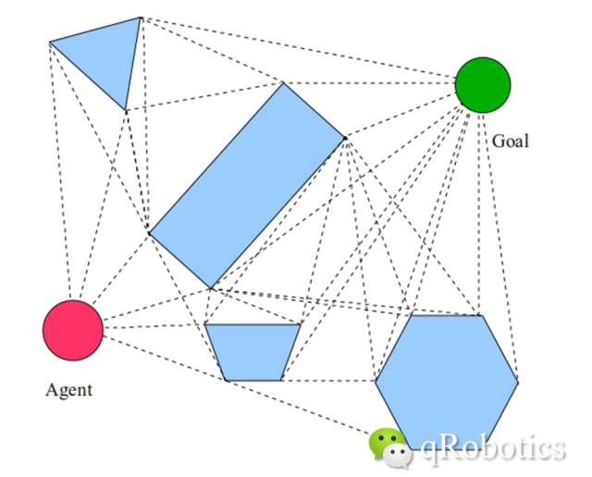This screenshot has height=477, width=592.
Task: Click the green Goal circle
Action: point(482,85)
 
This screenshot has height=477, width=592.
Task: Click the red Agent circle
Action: point(73,330)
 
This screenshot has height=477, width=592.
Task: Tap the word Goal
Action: point(511,142)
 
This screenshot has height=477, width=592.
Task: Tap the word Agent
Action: point(69,389)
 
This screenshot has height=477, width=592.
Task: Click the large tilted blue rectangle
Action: point(247,185)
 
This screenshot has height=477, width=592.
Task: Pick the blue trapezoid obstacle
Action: point(253,350)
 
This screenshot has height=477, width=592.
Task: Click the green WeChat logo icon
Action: point(388,445)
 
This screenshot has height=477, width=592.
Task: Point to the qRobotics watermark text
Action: point(492,448)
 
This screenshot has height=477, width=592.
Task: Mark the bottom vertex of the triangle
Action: point(126,110)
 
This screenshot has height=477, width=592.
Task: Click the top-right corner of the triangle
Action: point(141,17)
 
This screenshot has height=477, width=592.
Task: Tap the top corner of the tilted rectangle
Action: point(283,83)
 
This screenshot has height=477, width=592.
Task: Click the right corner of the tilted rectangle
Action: point(345,139)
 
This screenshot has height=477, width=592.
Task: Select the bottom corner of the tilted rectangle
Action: point(211,288)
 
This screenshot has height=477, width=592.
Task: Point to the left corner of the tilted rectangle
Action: point(149,231)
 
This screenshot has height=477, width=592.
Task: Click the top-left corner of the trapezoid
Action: point(204,324)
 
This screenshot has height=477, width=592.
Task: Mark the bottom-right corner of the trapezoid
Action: point(281,380)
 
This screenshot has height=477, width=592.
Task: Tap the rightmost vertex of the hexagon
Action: point(518,380)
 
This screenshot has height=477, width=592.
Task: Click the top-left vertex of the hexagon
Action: point(411,316)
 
